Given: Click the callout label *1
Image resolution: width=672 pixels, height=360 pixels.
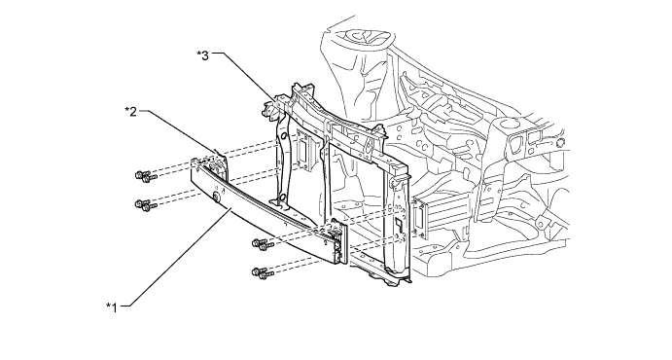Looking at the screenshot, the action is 112,307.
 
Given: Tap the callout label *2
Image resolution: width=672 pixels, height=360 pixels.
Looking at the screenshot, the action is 130,112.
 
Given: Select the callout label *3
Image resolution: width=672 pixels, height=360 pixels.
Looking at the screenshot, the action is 202,54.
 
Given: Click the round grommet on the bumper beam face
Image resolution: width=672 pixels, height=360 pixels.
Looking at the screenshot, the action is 217,197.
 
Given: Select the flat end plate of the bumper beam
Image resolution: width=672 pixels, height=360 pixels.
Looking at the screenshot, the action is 338,240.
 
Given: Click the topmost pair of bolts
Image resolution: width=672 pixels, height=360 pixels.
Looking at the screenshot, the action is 146,176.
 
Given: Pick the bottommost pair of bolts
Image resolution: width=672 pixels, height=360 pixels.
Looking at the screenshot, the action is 264,273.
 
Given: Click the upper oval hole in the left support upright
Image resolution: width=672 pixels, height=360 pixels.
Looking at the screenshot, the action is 283,137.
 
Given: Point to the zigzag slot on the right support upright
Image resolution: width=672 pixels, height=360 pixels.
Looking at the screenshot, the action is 398,224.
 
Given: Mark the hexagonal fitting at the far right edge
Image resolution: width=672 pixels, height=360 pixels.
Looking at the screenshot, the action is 560,143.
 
